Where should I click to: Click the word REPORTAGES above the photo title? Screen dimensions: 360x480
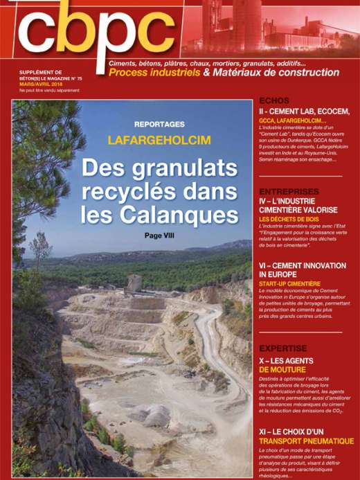pyautogui.click(x=159, y=125)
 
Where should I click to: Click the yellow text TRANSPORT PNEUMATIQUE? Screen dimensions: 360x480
pyautogui.click(x=305, y=441)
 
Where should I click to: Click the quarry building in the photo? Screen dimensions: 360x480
pyautogui.click(x=134, y=283)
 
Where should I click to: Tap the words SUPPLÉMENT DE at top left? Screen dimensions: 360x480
pyautogui.click(x=41, y=72)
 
